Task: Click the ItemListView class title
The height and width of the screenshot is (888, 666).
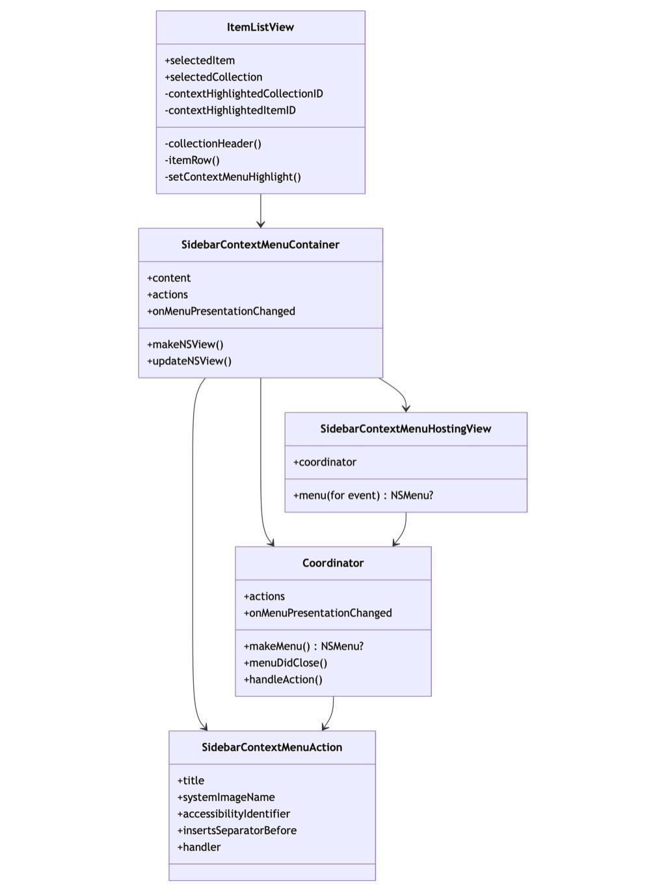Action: coord(260,27)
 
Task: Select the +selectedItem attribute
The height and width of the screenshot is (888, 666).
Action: coord(200,61)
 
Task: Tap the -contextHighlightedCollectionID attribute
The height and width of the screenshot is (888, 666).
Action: coord(244,94)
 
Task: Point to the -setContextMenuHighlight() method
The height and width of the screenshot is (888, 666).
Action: coord(233,177)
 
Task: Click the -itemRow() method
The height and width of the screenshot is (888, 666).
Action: coord(193,160)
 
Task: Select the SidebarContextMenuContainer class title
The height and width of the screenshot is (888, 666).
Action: coord(260,245)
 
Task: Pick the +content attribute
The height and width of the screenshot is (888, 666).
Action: coord(169,278)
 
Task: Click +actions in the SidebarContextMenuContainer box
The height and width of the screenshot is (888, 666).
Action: coord(168,295)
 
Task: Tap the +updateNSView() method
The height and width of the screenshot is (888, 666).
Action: coord(189,361)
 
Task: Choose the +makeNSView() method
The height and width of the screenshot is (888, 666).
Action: coord(185,344)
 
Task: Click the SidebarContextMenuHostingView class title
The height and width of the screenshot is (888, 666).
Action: coord(406,429)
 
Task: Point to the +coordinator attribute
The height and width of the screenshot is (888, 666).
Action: coord(325,462)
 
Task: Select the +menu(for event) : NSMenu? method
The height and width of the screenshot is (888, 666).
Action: coord(363,495)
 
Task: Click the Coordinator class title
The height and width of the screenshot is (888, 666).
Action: coord(333,563)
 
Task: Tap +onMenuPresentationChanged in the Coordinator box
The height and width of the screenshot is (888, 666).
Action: coord(318,613)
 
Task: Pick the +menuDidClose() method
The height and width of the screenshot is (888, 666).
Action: coord(286,663)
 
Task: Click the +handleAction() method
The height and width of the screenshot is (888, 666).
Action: coord(283,679)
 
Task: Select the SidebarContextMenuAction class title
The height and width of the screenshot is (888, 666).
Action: coord(272,747)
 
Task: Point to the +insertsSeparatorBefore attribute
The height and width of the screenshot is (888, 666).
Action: coord(237,830)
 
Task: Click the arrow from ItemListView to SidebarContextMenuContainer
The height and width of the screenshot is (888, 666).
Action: coord(261,211)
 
